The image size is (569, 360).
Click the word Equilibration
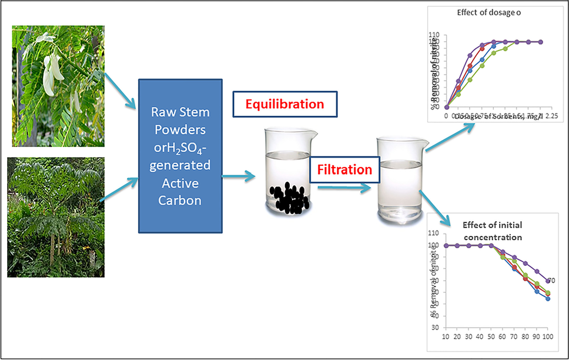pyautogui.click(x=284, y=104)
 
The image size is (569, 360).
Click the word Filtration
pyautogui.click(x=345, y=170)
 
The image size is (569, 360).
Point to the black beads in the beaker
pyautogui.click(x=287, y=199)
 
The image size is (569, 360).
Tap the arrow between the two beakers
pyautogui.click(x=344, y=188)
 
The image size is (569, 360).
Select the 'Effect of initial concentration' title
pyautogui.click(x=493, y=231)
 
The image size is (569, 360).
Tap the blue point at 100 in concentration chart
pyautogui.click(x=548, y=299)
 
